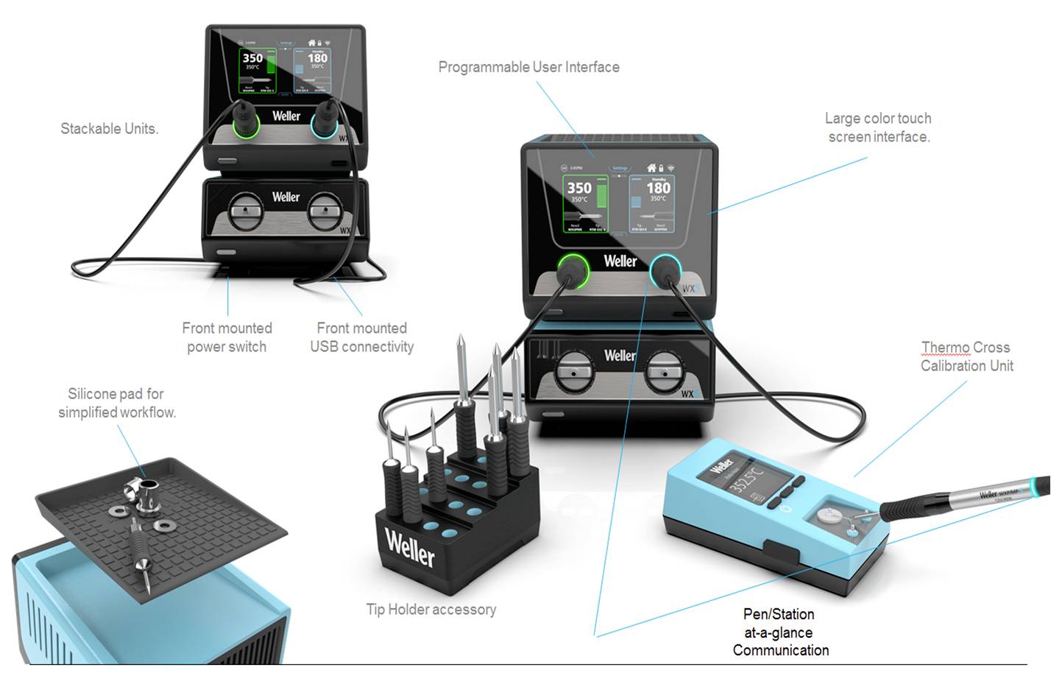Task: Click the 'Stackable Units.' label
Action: tap(109, 129)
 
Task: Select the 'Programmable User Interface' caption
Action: tap(528, 67)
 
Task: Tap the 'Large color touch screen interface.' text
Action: tap(878, 127)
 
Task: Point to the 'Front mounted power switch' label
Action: tap(227, 337)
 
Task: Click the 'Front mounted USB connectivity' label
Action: tap(361, 337)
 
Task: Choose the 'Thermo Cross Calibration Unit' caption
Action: tap(966, 356)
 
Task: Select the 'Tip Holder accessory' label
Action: tap(431, 610)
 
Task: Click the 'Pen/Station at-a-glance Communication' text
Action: tap(779, 632)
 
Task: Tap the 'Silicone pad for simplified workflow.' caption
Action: tap(117, 403)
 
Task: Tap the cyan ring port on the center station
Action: tap(665, 272)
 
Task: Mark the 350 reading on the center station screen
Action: tap(579, 189)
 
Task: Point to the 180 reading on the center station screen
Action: tap(658, 189)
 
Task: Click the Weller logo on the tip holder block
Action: tap(410, 548)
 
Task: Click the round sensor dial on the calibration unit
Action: tap(835, 517)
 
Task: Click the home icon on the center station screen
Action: tap(651, 168)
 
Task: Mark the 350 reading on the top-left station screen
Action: tap(252, 58)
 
